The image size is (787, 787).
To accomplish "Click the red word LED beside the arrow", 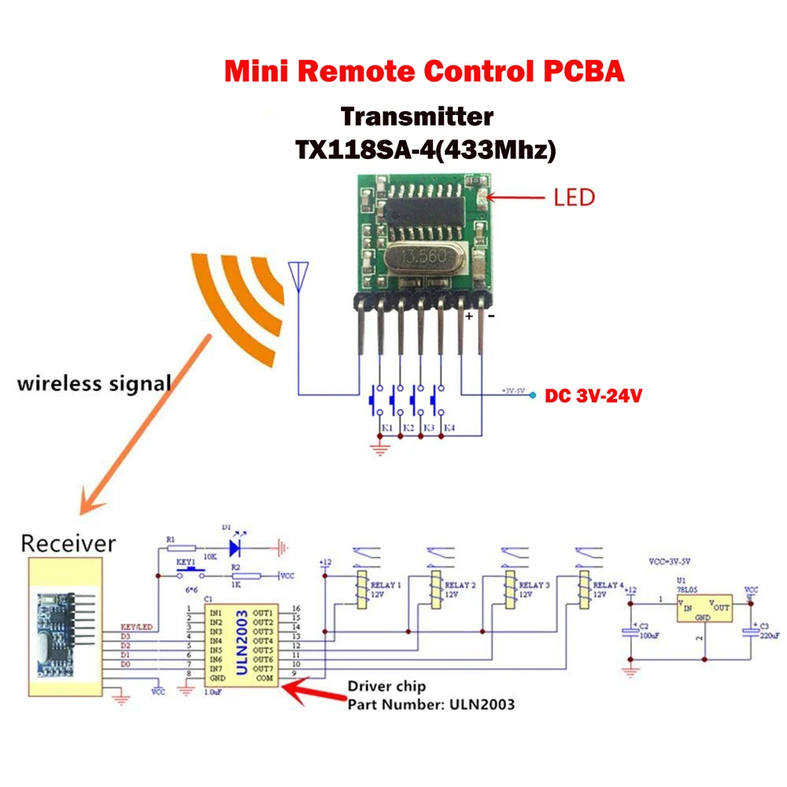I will coord(575,197).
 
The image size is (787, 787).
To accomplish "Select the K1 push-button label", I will coord(387,428).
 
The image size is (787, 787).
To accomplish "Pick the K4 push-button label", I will coord(449,428).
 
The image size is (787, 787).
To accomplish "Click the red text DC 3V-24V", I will coord(593,396).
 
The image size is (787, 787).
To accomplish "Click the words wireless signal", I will coord(94,384).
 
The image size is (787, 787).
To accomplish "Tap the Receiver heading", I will coord(68,543).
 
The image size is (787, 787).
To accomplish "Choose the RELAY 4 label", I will coord(609,586).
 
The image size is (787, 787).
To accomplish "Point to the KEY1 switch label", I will coord(185,564).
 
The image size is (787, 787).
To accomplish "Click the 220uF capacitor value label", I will coord(769,634).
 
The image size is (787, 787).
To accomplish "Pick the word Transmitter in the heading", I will coord(416,116).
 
